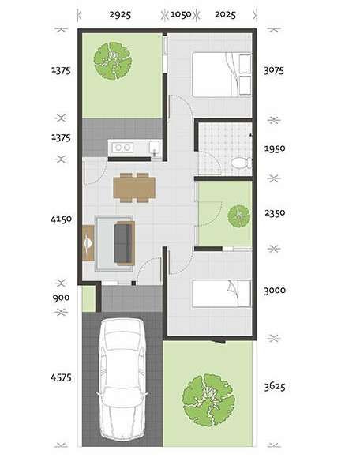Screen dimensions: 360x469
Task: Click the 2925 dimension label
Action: pyautogui.click(x=120, y=14)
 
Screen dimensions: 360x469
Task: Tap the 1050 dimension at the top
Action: pyautogui.click(x=181, y=14)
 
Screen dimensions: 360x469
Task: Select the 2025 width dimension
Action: pyautogui.click(x=225, y=14)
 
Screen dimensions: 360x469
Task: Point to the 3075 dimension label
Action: pyautogui.click(x=274, y=70)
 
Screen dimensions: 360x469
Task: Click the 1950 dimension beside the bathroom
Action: pyautogui.click(x=275, y=148)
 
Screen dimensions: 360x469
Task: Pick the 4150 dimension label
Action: pyautogui.click(x=62, y=219)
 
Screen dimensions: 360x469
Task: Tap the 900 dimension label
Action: pyautogui.click(x=62, y=298)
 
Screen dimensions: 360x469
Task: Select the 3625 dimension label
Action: pyautogui.click(x=275, y=386)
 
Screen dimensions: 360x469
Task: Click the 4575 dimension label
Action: pyautogui.click(x=62, y=377)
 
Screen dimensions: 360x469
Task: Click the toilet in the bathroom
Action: pyautogui.click(x=240, y=163)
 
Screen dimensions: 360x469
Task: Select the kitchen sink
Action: pyautogui.click(x=155, y=148)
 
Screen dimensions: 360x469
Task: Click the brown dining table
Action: pyautogui.click(x=134, y=188)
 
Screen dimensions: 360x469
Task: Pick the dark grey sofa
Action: pyautogui.click(x=124, y=243)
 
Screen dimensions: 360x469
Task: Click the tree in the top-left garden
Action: pyautogui.click(x=113, y=61)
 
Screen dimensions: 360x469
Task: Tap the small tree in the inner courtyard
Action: pyautogui.click(x=238, y=216)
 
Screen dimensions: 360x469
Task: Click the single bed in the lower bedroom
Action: pyautogui.click(x=222, y=294)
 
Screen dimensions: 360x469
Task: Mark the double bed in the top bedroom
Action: pyautogui.click(x=222, y=74)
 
